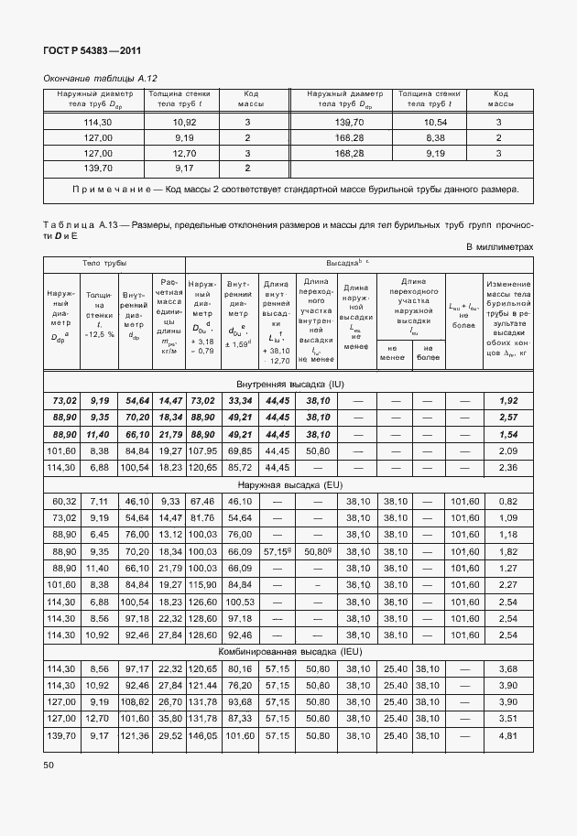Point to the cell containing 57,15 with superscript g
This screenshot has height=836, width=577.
tap(278, 551)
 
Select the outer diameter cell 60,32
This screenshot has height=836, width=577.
tap(62, 501)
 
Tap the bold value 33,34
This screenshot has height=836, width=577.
tap(239, 401)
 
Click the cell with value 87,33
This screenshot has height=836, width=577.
tap(239, 719)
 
